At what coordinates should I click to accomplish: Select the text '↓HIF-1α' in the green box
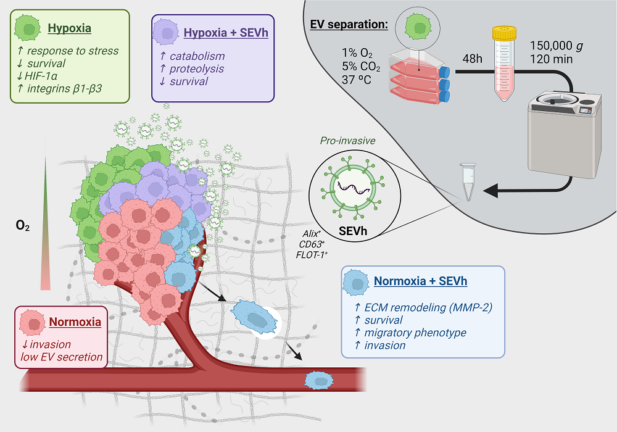coord(36,75)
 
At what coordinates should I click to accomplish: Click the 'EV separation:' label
coord(349,25)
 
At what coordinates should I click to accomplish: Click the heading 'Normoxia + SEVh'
coord(420,281)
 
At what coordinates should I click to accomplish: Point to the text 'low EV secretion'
coord(57,357)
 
